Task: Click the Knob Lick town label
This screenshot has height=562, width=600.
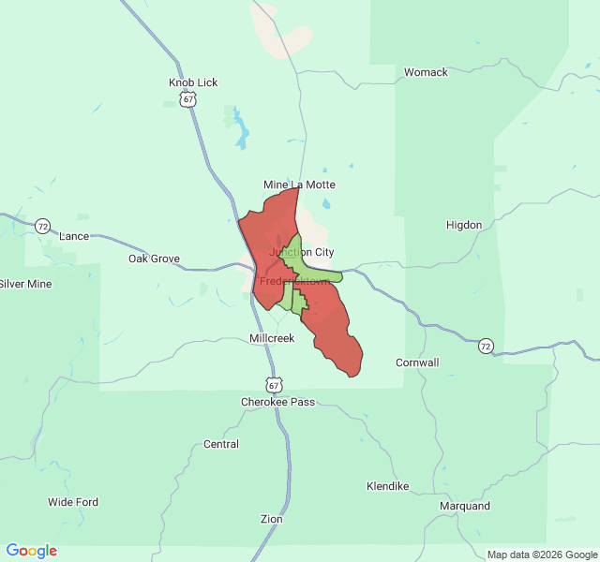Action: click(193, 82)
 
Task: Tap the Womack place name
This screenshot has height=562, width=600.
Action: click(426, 72)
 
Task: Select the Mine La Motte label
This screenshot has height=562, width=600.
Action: click(299, 185)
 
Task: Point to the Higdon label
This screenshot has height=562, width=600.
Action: click(464, 225)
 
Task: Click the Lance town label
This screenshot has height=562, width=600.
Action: click(74, 236)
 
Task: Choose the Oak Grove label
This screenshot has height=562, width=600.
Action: click(154, 259)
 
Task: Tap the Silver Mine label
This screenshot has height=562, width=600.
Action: click(25, 284)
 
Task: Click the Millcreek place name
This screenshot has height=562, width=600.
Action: click(272, 338)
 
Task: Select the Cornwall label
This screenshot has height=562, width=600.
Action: click(417, 362)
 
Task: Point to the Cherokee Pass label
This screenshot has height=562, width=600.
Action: click(277, 402)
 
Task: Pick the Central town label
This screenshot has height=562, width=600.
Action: click(221, 444)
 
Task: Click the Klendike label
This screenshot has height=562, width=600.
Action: click(387, 487)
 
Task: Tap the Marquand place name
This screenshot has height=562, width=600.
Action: click(465, 506)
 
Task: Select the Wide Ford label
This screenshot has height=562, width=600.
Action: click(73, 502)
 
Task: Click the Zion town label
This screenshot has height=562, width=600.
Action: click(271, 519)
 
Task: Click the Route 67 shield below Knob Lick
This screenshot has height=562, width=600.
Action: click(189, 99)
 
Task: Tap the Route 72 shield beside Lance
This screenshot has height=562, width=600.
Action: click(42, 227)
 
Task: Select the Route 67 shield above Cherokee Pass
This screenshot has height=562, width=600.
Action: click(273, 385)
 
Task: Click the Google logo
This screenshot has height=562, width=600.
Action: click(31, 551)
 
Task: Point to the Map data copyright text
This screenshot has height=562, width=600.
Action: click(541, 555)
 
